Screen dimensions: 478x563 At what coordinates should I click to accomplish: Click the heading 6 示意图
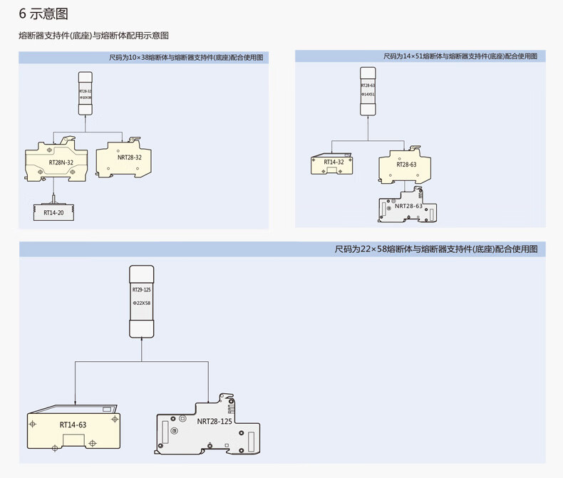coord(43,14)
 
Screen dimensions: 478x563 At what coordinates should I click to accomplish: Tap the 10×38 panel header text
coord(186,56)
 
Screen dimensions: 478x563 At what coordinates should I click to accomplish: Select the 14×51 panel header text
coord(460,56)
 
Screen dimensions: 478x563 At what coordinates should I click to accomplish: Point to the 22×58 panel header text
coord(440,249)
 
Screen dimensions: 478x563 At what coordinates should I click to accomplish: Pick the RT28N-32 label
coord(61,162)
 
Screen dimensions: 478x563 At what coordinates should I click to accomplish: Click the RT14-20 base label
coord(53,212)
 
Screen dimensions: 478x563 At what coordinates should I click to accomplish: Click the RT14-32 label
coord(334,162)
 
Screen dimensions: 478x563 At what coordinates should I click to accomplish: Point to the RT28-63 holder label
coord(406,165)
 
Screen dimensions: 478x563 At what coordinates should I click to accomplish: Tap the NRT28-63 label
coord(408,206)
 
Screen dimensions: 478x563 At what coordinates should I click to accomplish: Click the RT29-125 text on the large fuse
coord(141,290)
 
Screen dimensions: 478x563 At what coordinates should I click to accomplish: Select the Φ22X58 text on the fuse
coord(141,304)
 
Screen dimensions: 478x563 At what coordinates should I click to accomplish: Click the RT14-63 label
coord(73,425)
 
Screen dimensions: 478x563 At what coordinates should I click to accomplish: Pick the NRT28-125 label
coord(214,421)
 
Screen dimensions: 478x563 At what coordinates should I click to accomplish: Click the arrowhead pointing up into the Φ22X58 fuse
coord(141,340)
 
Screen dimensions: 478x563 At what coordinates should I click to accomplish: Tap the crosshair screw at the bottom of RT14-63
coord(56,449)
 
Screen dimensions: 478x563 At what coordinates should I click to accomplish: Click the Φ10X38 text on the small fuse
coord(86,98)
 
